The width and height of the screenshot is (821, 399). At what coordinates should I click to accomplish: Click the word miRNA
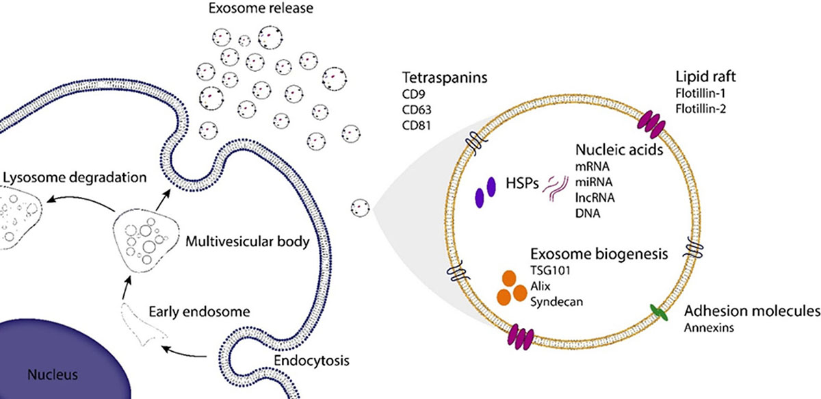point(592,183)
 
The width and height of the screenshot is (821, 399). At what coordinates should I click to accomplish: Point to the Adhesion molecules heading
point(752,311)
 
